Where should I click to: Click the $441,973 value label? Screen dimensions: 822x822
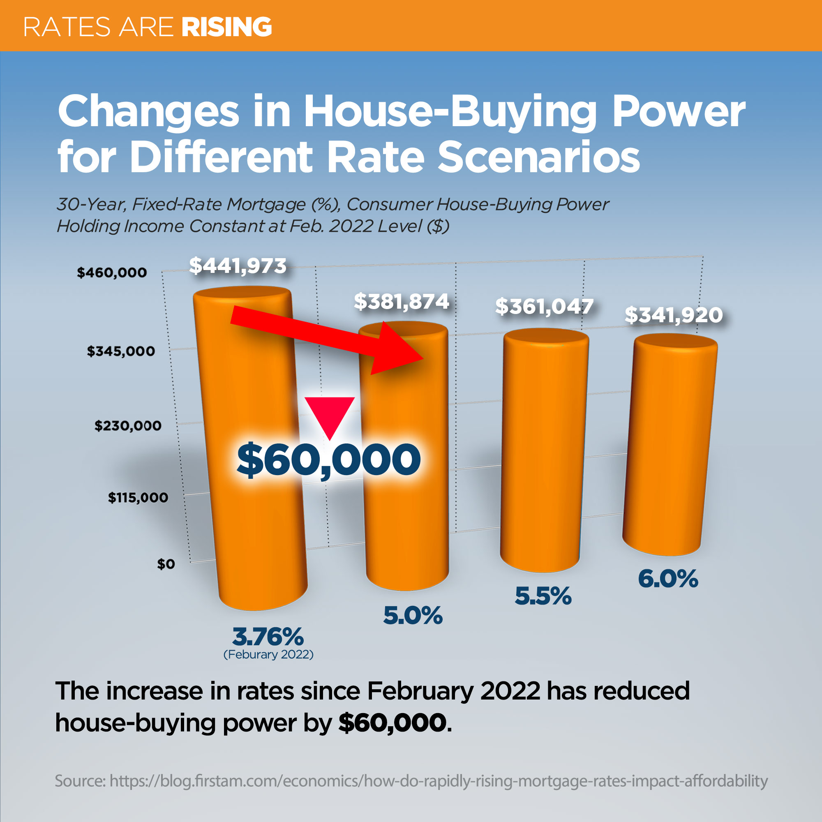[x=238, y=266]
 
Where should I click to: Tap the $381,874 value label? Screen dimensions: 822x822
[x=402, y=302]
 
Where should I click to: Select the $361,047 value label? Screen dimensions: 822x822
[x=544, y=306]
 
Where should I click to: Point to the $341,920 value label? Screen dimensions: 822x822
[x=674, y=315]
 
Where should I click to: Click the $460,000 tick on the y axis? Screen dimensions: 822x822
[x=112, y=272]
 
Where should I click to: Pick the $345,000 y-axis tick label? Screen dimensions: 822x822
[x=121, y=351]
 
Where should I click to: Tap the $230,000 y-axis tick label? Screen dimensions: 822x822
[x=128, y=425]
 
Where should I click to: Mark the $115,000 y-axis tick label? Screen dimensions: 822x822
[x=138, y=497]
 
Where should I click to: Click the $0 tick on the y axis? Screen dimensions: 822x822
[x=166, y=564]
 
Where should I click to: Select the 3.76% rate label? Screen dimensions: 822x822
[x=268, y=637]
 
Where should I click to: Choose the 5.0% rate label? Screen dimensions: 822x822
[x=413, y=615]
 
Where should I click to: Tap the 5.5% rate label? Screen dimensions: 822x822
[x=543, y=596]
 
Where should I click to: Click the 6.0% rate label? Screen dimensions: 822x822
[x=668, y=579]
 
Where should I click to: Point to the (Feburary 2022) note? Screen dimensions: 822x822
[x=268, y=654]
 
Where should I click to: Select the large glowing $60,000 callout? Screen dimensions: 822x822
[x=328, y=459]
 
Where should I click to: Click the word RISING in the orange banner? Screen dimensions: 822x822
[x=226, y=27]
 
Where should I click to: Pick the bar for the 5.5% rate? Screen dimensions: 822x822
[x=544, y=451]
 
